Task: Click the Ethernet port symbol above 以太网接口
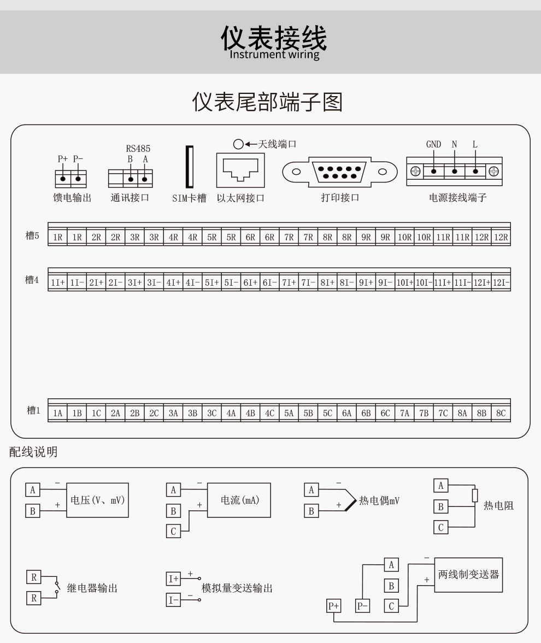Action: point(240,170)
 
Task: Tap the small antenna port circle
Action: point(238,144)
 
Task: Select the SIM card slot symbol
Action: point(189,169)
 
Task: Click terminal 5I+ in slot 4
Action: point(211,282)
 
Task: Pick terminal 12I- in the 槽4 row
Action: point(501,282)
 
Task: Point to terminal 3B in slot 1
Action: point(192,413)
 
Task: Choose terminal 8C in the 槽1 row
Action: point(501,413)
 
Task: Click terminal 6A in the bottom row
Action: point(346,413)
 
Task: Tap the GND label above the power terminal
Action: point(433,145)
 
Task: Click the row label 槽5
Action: point(33,235)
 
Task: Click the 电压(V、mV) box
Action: point(97,500)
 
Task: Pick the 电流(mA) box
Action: point(239,500)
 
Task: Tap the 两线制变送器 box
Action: point(468,575)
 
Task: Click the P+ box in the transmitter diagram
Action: point(334,606)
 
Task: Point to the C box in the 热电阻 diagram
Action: point(440,527)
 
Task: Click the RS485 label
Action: point(138,148)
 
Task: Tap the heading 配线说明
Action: point(33,452)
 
